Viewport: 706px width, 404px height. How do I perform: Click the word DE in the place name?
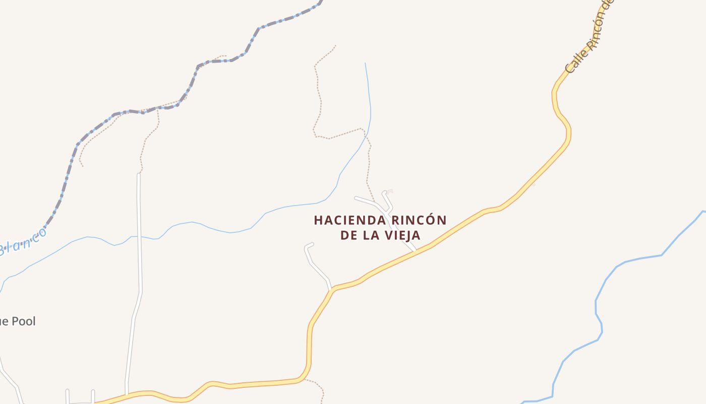tap(348, 236)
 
